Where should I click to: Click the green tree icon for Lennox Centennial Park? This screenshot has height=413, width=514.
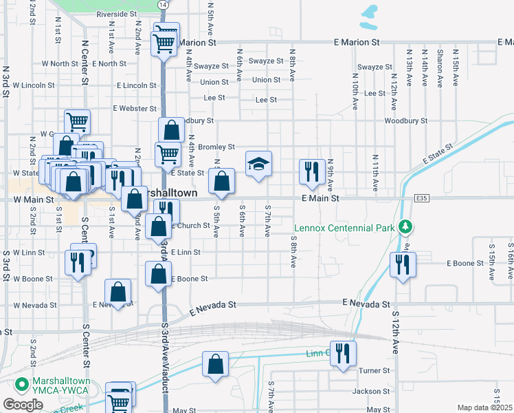(x=406, y=226)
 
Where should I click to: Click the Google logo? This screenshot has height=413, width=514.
(x=23, y=405)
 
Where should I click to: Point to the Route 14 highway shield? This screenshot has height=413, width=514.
(x=162, y=4)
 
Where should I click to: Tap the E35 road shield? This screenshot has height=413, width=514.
(x=422, y=198)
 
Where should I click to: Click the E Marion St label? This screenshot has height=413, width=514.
(x=357, y=42)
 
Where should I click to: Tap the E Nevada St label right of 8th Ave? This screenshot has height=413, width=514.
(x=367, y=304)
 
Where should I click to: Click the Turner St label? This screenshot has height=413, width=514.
(x=376, y=370)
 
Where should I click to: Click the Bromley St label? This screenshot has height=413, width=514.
(x=216, y=147)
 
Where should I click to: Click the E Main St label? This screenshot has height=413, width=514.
(x=320, y=198)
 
